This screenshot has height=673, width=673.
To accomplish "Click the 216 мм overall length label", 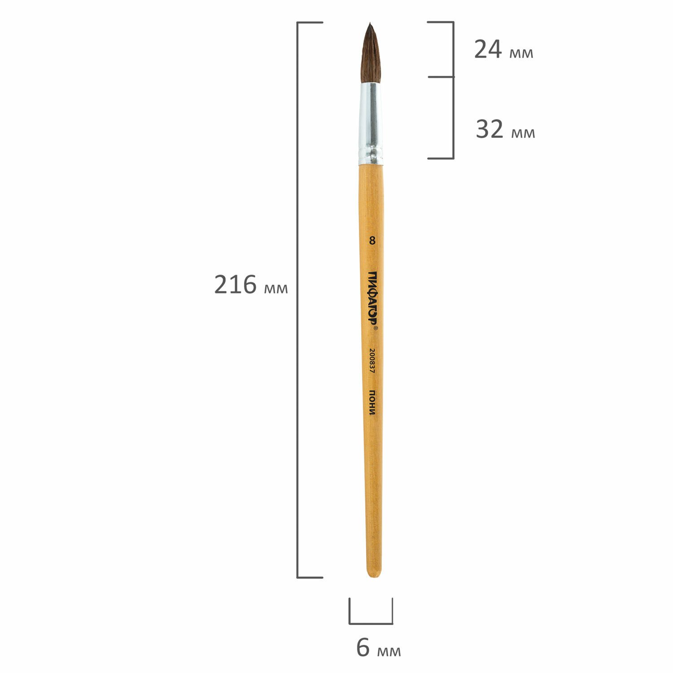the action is pyautogui.click(x=251, y=284).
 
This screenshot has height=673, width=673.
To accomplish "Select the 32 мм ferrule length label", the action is pyautogui.click(x=505, y=130).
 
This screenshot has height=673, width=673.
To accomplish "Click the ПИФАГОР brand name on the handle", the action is pyautogui.click(x=372, y=299).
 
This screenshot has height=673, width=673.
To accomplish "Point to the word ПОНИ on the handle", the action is pyautogui.click(x=372, y=402).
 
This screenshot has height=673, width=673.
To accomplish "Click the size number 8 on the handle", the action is pyautogui.click(x=371, y=241).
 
